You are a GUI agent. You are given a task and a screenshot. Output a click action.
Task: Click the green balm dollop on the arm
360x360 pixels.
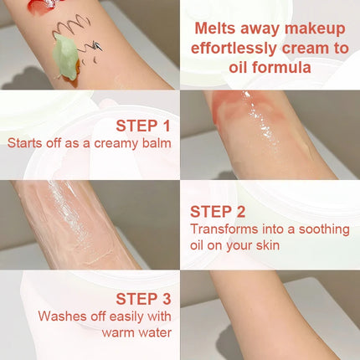(x=65, y=57)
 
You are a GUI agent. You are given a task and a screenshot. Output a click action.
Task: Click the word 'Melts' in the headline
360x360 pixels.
(x=215, y=28)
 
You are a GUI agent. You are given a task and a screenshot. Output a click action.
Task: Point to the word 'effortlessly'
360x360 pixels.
(x=234, y=49)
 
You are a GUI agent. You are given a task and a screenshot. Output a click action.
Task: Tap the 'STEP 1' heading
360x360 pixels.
(x=143, y=126)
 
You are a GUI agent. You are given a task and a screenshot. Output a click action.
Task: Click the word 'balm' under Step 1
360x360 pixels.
(x=157, y=143)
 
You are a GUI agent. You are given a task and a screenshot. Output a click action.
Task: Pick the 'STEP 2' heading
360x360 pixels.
(x=218, y=212)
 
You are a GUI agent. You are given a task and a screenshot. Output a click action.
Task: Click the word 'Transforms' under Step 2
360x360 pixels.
(x=224, y=229)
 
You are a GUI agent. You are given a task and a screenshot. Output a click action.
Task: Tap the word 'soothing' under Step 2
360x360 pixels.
(x=324, y=229)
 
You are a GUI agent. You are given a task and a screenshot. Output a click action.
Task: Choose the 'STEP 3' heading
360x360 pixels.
(x=143, y=299)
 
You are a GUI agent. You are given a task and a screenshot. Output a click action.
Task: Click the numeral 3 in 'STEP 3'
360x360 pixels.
(x=167, y=299)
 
